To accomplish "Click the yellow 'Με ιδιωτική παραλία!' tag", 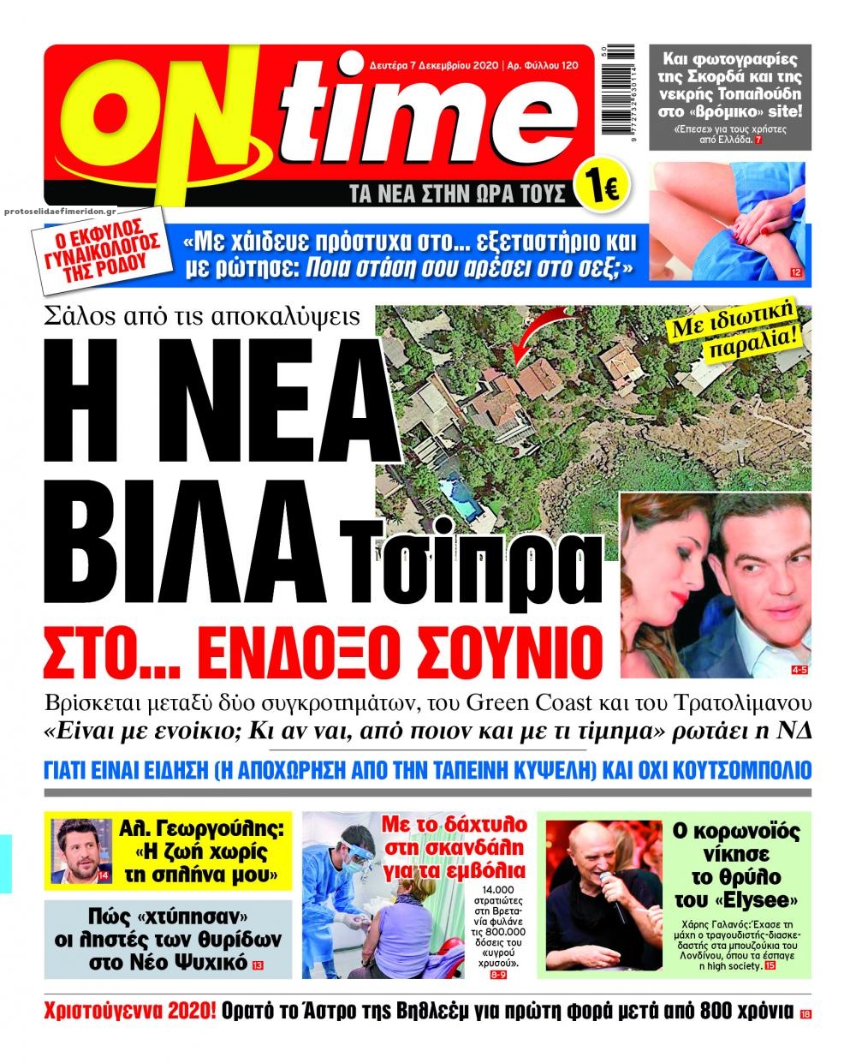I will (747, 327).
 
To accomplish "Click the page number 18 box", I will (805, 1014).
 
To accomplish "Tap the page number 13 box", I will (258, 965).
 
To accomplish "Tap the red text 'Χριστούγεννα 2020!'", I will (128, 1010).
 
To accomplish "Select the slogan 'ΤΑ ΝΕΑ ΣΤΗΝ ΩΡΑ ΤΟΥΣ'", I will (460, 194).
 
